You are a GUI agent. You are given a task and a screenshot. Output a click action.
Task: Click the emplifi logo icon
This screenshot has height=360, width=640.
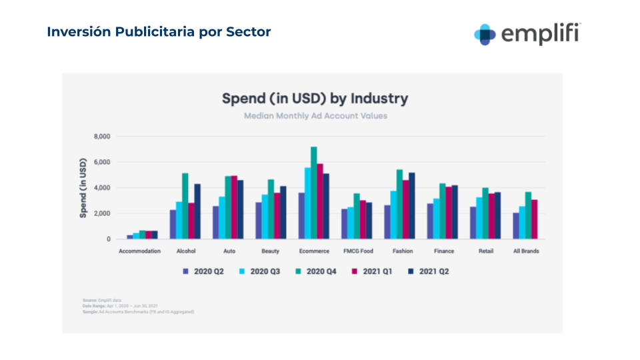(x=485, y=34)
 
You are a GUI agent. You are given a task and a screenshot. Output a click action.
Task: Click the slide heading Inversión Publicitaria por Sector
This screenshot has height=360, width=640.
(x=159, y=32)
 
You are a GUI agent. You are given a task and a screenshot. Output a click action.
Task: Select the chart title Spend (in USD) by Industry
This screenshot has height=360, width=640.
(x=315, y=99)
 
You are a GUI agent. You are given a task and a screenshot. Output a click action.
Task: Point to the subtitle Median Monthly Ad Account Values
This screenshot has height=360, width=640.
(x=315, y=116)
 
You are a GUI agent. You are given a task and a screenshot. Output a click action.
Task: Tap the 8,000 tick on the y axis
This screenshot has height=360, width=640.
(x=101, y=137)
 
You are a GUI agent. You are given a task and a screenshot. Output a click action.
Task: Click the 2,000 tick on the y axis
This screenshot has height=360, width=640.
(x=101, y=213)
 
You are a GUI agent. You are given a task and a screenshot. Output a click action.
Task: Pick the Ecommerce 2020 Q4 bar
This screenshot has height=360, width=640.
(x=314, y=193)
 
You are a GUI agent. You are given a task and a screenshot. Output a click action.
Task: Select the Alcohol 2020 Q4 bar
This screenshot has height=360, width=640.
(x=185, y=206)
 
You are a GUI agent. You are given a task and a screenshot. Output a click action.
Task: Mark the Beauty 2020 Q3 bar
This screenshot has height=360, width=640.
(x=265, y=217)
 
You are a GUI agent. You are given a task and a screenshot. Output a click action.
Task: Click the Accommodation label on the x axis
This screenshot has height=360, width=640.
(x=139, y=251)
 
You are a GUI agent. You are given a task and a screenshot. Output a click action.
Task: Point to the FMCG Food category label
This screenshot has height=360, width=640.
(x=357, y=251)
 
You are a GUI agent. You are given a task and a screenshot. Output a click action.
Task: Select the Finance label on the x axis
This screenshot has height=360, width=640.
(x=443, y=251)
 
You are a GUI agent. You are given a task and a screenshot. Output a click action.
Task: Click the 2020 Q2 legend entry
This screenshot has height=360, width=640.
(x=203, y=271)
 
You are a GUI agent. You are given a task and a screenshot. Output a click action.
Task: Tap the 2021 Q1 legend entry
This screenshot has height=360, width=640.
(x=373, y=271)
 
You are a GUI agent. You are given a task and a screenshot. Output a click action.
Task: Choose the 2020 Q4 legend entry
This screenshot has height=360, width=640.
(x=317, y=271)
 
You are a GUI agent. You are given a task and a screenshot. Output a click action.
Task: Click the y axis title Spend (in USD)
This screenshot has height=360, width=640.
(x=83, y=188)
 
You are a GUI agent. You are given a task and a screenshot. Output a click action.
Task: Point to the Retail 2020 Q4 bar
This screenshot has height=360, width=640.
(x=486, y=213)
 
